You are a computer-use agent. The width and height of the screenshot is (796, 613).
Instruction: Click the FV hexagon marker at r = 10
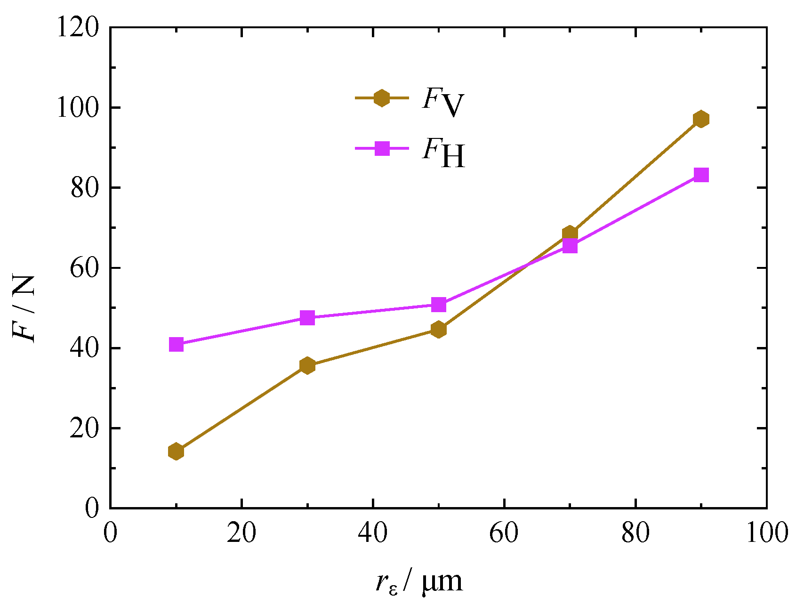coord(176,452)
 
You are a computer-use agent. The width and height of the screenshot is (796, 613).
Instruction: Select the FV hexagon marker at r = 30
coord(307,365)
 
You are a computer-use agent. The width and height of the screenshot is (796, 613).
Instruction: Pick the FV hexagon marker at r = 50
coord(438,329)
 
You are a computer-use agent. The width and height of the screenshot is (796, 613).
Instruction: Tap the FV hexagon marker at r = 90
coord(701,119)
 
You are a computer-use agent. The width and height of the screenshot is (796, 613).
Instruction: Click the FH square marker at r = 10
coord(176,345)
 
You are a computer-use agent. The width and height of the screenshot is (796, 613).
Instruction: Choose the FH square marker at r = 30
coord(307,318)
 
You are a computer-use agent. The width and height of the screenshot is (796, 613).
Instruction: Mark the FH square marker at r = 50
coord(438,305)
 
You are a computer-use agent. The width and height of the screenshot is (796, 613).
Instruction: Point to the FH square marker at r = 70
coord(570,246)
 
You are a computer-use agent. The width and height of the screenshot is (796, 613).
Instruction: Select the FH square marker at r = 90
coord(701,175)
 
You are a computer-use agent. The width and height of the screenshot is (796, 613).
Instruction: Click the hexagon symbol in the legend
coord(381,98)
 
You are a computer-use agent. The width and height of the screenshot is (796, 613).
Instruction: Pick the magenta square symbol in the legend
coord(382,149)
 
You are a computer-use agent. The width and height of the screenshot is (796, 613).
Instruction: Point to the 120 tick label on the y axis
coord(78,28)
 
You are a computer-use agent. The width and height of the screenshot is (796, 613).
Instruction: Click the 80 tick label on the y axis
coord(85,188)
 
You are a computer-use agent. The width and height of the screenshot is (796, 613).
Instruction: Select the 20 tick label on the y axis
coord(85,428)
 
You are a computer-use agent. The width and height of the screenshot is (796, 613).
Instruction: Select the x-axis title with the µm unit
coord(419,582)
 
